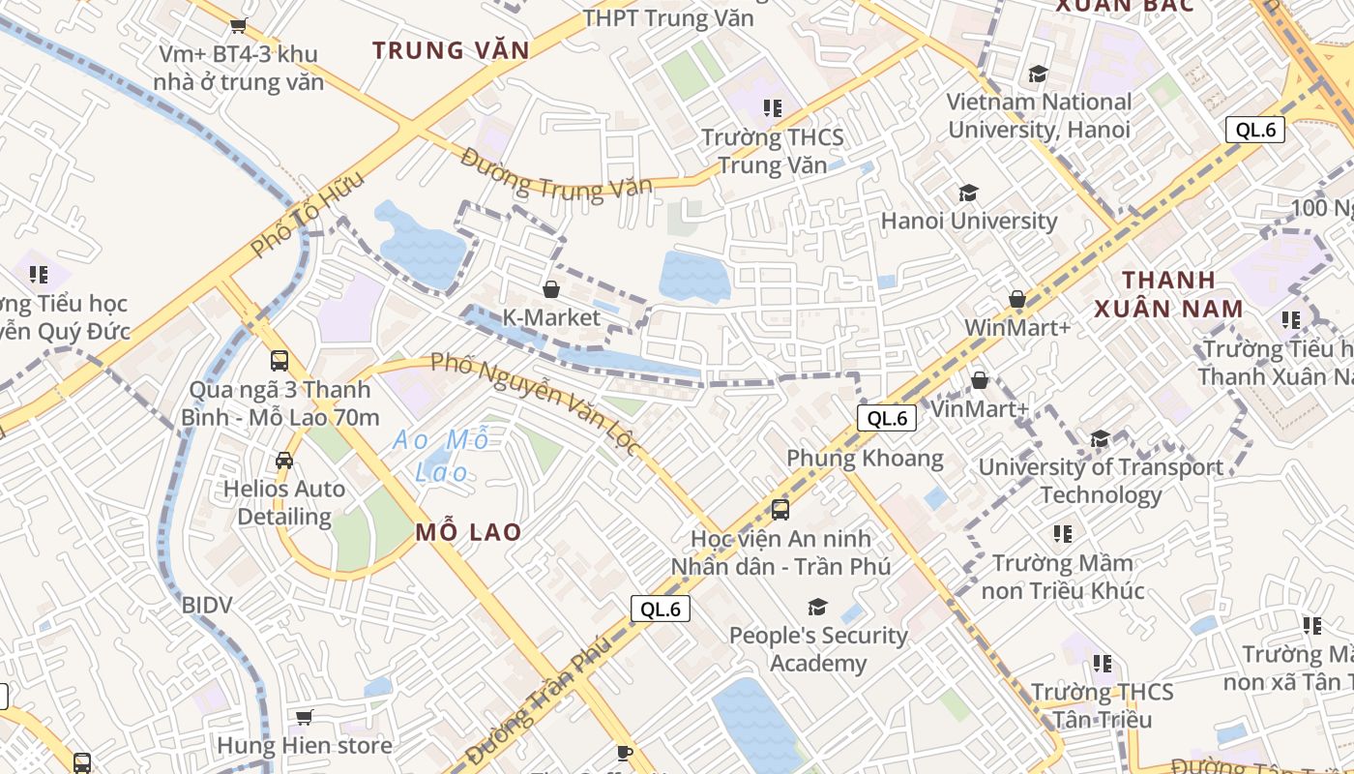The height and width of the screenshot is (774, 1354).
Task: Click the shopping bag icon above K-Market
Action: pos(551,289)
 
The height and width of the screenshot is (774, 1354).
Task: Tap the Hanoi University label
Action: pos(968,221)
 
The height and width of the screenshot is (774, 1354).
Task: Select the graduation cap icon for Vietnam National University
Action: pos(1038,74)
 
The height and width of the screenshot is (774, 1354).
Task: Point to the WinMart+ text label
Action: pos(1016,327)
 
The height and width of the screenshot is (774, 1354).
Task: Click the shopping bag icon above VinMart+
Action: pos(980,380)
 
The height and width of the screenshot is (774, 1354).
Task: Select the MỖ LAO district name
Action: pos(469,532)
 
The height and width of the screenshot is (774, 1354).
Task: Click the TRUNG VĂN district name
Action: pos(451,51)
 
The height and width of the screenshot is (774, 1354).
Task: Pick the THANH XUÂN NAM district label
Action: pos(1168,294)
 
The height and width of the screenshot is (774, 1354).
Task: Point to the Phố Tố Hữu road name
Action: pos(308,215)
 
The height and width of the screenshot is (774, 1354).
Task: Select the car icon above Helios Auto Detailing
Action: pos(284,461)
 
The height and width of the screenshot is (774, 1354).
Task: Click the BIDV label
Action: pos(207,606)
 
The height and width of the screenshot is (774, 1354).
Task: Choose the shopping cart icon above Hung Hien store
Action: pos(305,717)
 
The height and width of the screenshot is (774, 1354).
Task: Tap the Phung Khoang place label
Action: pos(865,458)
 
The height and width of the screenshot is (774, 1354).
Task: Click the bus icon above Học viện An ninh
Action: pos(780,509)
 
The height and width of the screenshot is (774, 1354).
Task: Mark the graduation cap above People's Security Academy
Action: pos(818,607)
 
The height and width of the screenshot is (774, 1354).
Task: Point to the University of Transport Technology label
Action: pos(1101,481)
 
